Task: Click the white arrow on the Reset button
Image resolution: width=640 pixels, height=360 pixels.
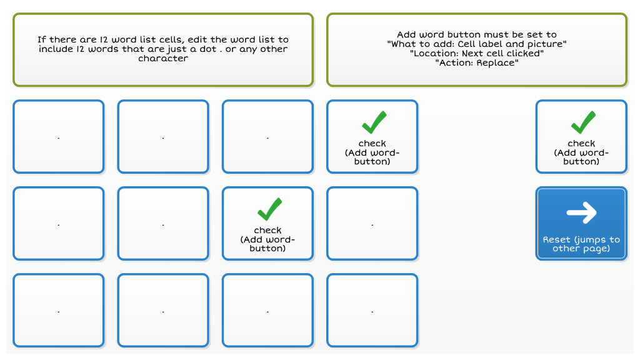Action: click(x=581, y=212)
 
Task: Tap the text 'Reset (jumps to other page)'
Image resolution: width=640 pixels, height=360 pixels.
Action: click(x=581, y=244)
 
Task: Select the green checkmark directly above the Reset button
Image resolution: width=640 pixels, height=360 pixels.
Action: click(x=583, y=122)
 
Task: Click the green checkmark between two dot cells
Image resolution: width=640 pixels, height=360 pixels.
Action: click(x=270, y=209)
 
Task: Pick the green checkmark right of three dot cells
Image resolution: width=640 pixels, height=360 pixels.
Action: click(x=374, y=122)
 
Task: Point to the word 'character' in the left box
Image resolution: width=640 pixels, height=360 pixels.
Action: click(x=163, y=58)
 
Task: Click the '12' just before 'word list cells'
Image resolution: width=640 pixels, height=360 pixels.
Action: click(x=104, y=39)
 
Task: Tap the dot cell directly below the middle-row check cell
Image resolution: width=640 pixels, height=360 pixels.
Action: click(x=267, y=310)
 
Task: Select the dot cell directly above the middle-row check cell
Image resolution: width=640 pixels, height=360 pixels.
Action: click(x=267, y=137)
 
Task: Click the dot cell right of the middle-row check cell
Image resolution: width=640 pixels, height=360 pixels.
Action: click(x=372, y=223)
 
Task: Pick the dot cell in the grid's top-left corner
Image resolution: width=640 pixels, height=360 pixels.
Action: click(x=59, y=137)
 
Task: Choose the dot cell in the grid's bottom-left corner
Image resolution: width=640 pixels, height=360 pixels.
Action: click(x=59, y=310)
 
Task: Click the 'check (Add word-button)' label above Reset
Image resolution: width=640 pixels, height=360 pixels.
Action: click(x=581, y=152)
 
